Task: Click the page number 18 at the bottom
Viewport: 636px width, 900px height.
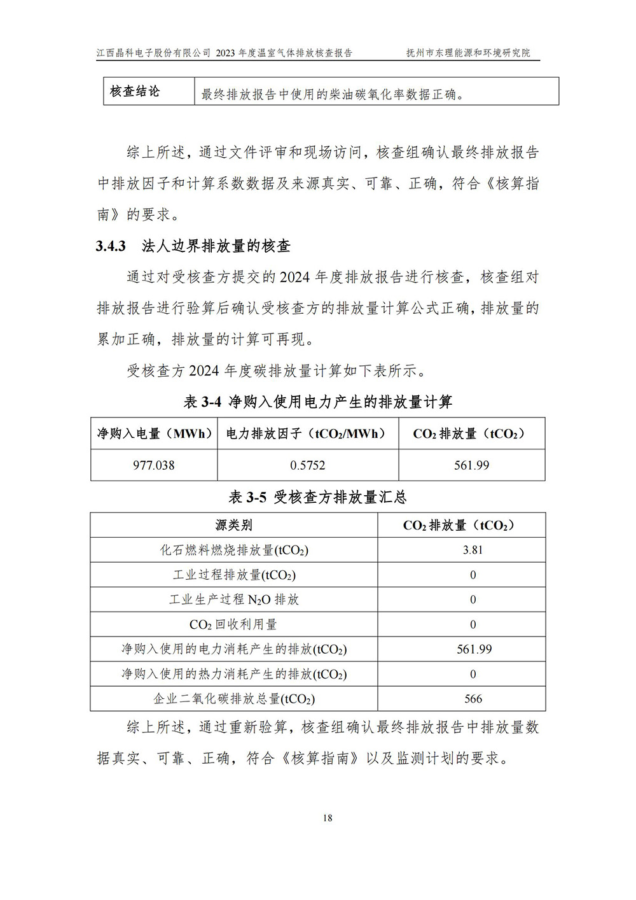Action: pyautogui.click(x=328, y=818)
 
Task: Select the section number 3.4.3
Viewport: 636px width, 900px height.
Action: pyautogui.click(x=111, y=246)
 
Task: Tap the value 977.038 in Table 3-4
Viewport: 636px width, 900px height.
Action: pyautogui.click(x=154, y=465)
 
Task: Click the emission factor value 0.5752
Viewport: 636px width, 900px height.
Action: pyautogui.click(x=308, y=465)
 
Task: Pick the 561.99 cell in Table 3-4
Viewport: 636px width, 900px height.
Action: pyautogui.click(x=472, y=465)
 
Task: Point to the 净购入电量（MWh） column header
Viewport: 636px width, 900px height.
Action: pyautogui.click(x=154, y=434)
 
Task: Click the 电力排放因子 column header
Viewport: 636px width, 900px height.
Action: pyautogui.click(x=308, y=434)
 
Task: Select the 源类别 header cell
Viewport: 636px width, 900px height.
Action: pyautogui.click(x=233, y=525)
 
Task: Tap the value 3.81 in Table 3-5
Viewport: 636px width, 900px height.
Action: pyautogui.click(x=473, y=550)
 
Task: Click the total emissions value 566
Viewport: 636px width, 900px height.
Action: pyautogui.click(x=473, y=699)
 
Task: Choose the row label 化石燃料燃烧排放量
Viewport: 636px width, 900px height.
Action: pyautogui.click(x=233, y=550)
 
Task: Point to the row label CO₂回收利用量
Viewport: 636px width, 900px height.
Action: pyautogui.click(x=233, y=624)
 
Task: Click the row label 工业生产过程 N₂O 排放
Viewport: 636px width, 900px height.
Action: pyautogui.click(x=233, y=600)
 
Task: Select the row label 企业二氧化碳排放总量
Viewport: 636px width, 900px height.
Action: pyautogui.click(x=233, y=699)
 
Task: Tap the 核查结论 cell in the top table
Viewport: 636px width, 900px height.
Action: pyautogui.click(x=135, y=92)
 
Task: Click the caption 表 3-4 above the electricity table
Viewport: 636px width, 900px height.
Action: pyautogui.click(x=318, y=402)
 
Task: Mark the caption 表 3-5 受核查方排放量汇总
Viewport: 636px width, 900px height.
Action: pyautogui.click(x=317, y=497)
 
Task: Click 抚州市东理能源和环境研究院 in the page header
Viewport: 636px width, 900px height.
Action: pyautogui.click(x=468, y=53)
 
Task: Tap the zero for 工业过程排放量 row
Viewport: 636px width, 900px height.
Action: pyautogui.click(x=473, y=575)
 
